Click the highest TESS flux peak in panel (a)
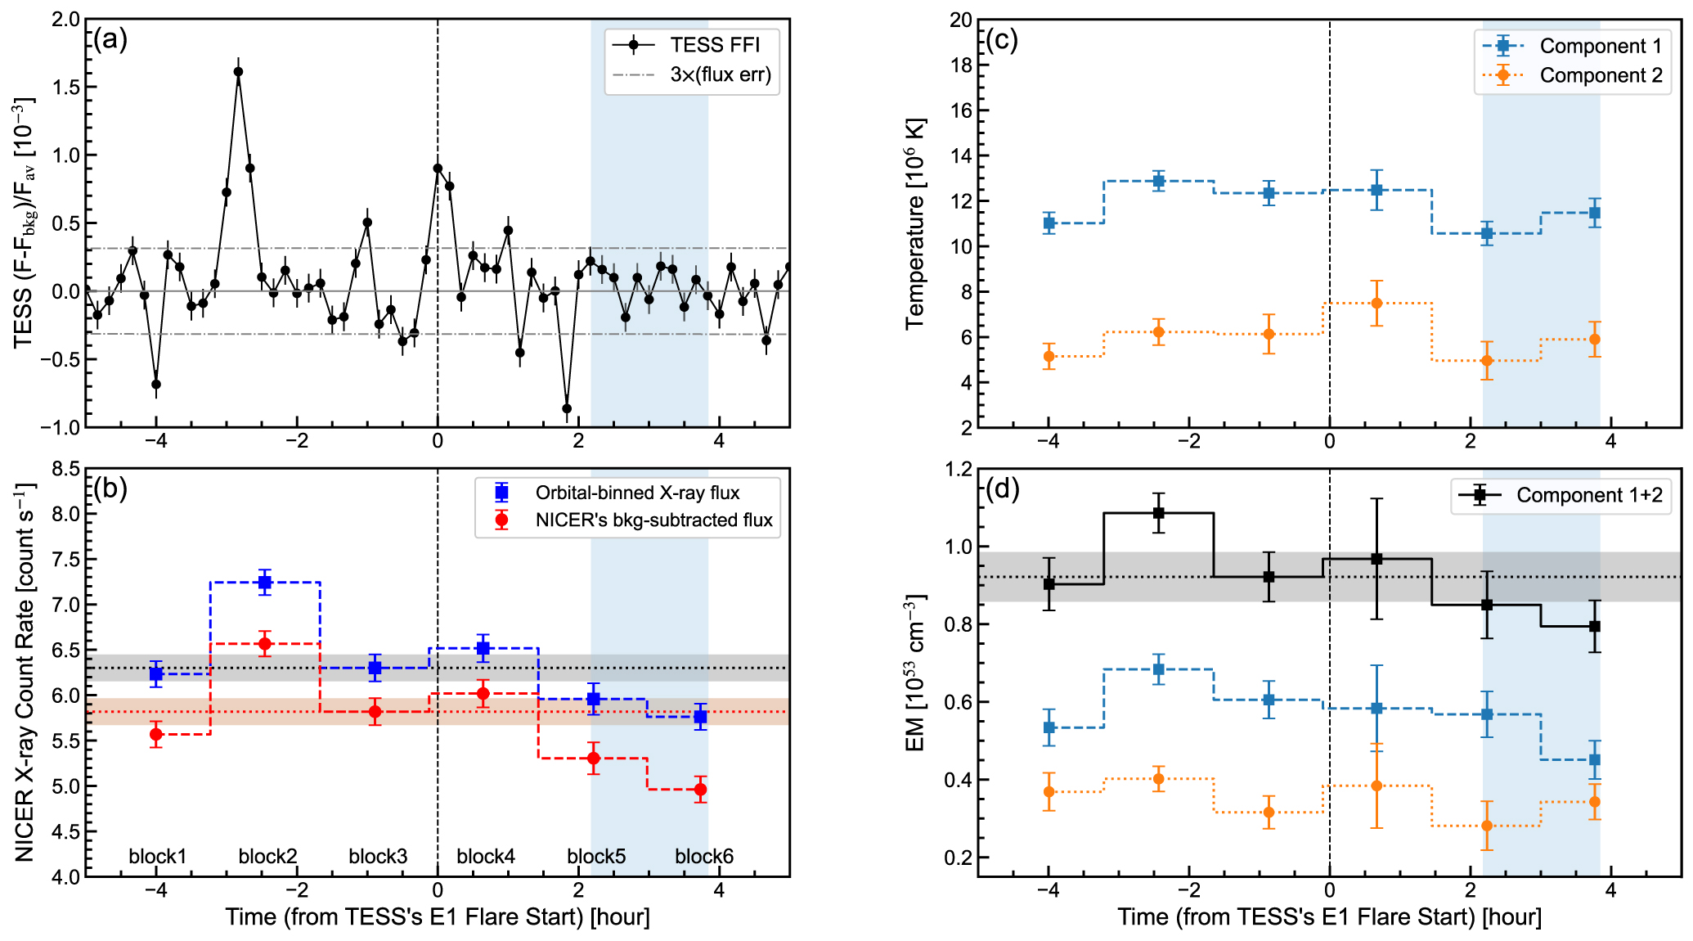coord(238,72)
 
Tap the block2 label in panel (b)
coord(267,856)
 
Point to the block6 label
coord(703,856)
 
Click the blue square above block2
coord(265,583)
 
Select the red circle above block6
coord(700,790)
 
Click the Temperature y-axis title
coord(915,223)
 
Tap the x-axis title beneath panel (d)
coord(1329,917)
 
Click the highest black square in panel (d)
coord(1158,513)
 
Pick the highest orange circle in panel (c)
coord(1376,304)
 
